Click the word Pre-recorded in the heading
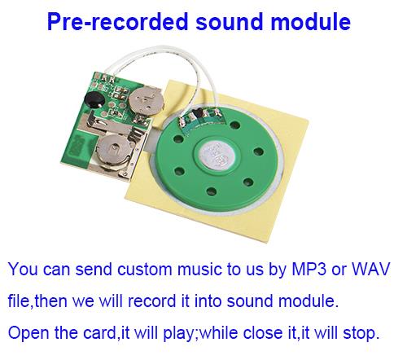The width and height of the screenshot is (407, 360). [x=118, y=21]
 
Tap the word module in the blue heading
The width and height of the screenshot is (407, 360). [x=311, y=21]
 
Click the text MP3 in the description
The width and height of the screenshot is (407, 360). [x=309, y=269]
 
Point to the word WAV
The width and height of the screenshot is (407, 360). [x=370, y=269]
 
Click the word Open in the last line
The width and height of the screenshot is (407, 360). [x=28, y=332]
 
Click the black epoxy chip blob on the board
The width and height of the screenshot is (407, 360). [x=94, y=100]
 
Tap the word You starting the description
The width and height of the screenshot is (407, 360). [x=23, y=269]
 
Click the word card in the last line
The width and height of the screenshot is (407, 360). [x=99, y=332]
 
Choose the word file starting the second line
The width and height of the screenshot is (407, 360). [x=19, y=301]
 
